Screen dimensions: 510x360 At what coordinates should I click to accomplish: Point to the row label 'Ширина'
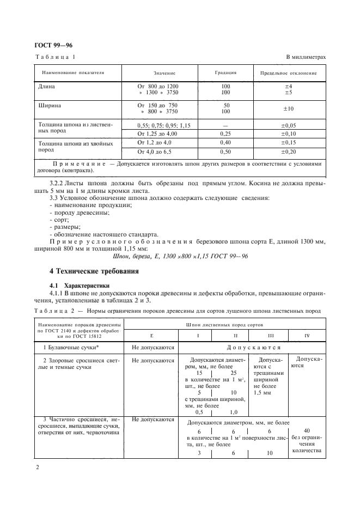click(49, 105)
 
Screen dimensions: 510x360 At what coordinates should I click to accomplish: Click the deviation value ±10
click(289, 108)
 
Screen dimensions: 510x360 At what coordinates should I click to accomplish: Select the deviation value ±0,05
click(289, 125)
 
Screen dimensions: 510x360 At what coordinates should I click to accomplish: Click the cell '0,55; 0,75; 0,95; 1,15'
click(164, 125)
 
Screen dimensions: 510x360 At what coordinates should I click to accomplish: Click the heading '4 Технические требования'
click(94, 271)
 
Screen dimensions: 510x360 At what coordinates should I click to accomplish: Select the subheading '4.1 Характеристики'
click(80, 285)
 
